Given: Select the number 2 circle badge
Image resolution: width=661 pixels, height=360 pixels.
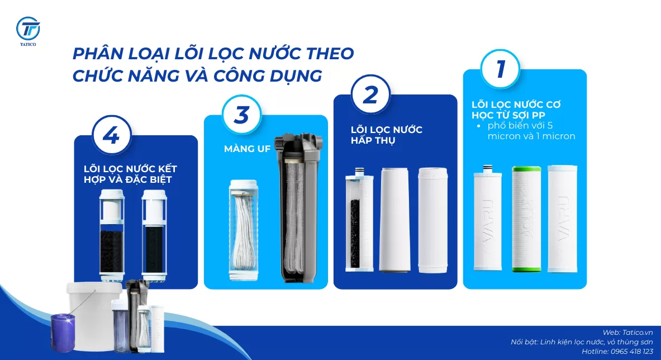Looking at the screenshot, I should pos(371,94).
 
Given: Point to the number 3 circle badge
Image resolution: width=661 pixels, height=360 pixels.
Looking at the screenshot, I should pos(241,115).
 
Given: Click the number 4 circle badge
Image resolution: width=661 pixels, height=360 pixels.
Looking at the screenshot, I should pos(112,136).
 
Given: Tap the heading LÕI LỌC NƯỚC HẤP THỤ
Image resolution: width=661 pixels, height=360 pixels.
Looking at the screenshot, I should pos(386,135).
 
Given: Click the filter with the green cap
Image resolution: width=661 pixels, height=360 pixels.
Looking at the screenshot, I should pos(526,219).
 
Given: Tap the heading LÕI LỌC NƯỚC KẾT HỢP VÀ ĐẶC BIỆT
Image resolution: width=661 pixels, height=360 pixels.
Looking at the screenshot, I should pos(130,174).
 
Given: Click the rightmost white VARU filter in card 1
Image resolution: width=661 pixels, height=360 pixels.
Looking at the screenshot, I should pos(562,219).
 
